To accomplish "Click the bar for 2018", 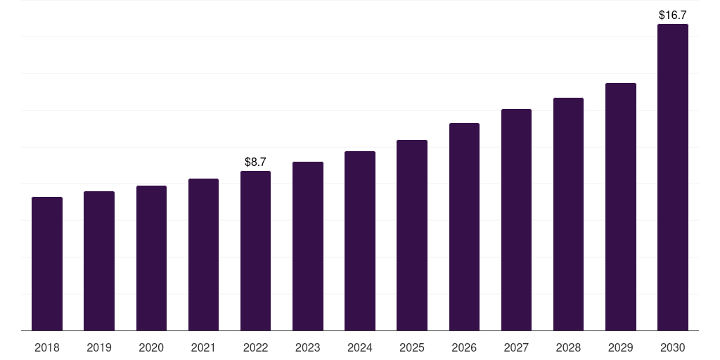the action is (47, 264).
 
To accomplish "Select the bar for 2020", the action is (151, 258).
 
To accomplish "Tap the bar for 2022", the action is (255, 251).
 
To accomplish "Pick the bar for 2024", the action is (359, 240).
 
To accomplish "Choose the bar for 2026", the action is (464, 227).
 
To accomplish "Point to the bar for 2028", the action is (568, 214).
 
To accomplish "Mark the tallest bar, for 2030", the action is (673, 177).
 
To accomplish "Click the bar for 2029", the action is (620, 207).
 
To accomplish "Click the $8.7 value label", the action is (255, 162).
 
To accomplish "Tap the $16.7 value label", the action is (673, 15).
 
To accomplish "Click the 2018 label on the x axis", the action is (47, 347).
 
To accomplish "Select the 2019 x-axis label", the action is (98, 347).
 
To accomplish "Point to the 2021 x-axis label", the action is (203, 347).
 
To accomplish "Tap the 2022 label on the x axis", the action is (255, 347).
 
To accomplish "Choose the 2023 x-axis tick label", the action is (308, 347).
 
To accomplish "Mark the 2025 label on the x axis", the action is (412, 347).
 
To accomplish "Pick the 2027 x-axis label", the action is (516, 347).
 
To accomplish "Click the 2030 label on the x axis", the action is (673, 347).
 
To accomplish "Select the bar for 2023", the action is (308, 246).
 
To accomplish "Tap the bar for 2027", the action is (516, 219).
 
